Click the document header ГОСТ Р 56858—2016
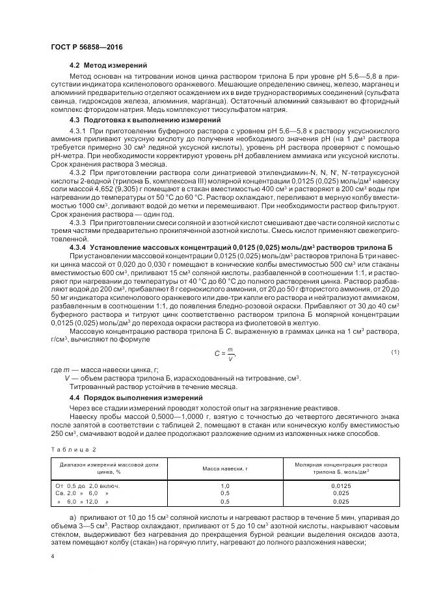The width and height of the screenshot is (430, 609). click(86, 48)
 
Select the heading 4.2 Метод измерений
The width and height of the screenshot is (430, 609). click(108, 66)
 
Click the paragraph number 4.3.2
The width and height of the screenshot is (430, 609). click(77, 175)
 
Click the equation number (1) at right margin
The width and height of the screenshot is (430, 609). click(394, 352)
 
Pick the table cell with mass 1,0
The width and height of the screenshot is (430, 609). click(225, 486)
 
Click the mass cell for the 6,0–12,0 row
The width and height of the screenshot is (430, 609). click(225, 502)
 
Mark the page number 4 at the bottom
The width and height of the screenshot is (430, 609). click(53, 557)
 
